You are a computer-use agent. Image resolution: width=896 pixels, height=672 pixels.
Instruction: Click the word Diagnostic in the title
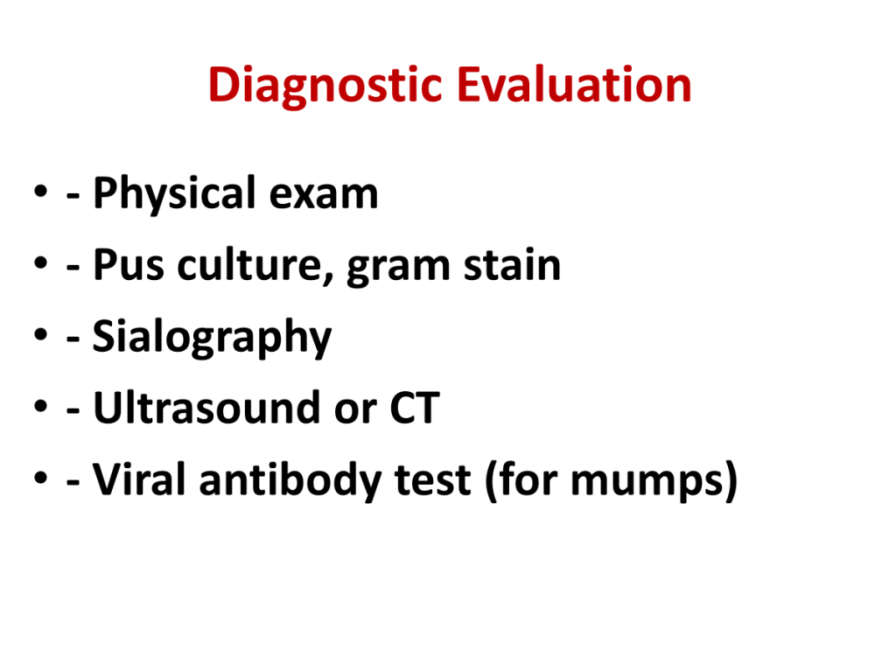pos(325,86)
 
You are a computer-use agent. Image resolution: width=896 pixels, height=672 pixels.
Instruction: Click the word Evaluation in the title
pos(574,85)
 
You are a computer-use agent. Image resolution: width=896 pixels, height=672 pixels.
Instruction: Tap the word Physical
pos(174,194)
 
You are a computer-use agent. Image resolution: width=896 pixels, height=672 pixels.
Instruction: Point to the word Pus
pos(129,265)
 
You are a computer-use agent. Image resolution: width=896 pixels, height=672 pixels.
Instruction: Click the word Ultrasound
pos(206,408)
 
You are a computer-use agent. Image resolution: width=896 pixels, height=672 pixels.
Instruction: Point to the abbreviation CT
pos(414,408)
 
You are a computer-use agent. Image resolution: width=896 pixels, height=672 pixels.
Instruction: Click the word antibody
pos(290,481)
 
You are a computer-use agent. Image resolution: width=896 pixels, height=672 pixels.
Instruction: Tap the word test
pos(432,480)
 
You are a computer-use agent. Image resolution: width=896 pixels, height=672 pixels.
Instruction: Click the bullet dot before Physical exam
pos(40,191)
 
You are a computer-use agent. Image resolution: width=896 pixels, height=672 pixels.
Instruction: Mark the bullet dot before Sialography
pos(40,333)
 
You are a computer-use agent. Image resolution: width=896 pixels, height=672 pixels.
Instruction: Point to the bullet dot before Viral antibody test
pos(40,477)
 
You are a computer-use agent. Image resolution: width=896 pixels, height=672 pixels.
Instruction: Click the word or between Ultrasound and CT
pos(355,411)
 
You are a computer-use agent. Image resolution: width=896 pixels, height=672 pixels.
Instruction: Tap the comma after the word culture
pos(329,279)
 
